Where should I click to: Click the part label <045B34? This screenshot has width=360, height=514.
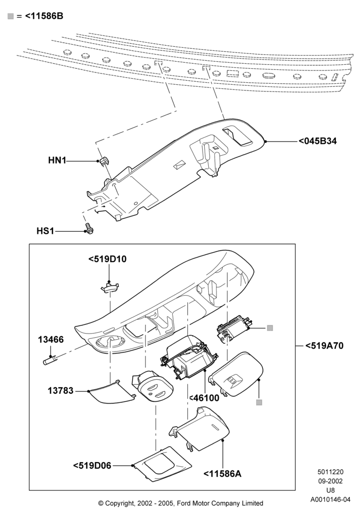[x=317, y=141]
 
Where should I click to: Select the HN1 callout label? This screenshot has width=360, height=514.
[x=57, y=160]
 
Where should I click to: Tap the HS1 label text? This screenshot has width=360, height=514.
[x=45, y=231]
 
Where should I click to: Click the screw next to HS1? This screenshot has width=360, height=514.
[x=88, y=229]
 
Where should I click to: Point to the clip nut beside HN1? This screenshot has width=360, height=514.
[x=104, y=160]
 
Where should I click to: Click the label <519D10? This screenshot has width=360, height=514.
[x=107, y=259]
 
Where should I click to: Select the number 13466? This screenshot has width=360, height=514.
[x=50, y=339]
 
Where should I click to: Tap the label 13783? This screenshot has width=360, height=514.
[x=61, y=391]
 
